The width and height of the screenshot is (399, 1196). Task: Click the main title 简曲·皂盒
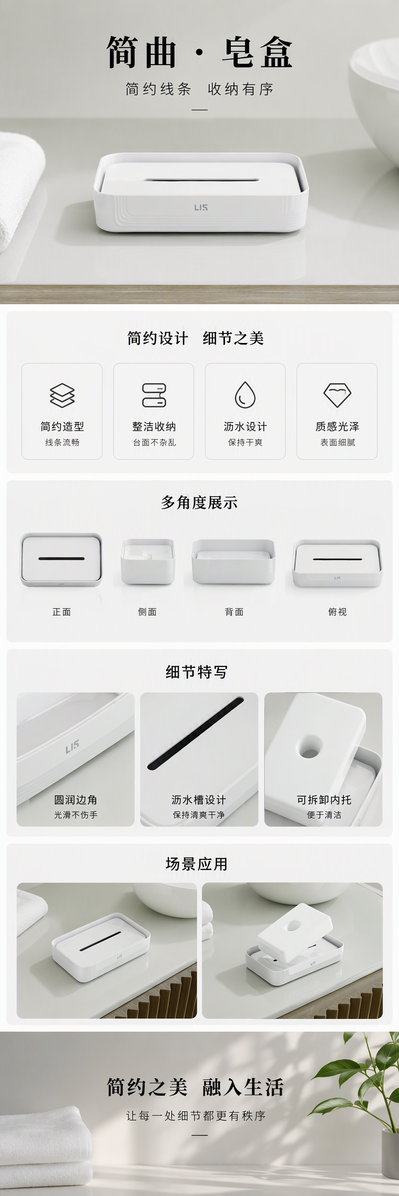coord(199,52)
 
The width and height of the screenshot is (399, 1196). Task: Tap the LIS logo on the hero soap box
coord(201,207)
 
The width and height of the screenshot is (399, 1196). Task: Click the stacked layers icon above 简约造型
coord(62,395)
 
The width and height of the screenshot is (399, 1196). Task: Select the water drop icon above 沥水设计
coord(245,395)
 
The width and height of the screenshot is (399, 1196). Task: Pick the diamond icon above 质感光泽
coord(337,395)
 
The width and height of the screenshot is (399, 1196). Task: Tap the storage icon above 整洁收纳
coord(154,395)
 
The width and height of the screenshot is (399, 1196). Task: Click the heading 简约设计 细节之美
coord(195,338)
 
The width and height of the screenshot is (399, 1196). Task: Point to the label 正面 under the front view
coord(62,612)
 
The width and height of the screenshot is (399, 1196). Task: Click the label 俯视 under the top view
coord(337,612)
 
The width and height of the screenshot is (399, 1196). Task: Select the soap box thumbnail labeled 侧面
coord(147,561)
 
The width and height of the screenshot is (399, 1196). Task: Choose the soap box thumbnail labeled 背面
coord(234,561)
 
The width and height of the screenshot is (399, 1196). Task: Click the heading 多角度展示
coord(199,502)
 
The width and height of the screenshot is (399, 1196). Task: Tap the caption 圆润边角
coord(75,799)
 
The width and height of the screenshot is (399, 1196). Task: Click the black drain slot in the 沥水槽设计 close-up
coord(195,733)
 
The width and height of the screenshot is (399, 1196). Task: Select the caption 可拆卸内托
coord(324,799)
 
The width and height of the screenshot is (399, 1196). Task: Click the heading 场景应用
coord(197,864)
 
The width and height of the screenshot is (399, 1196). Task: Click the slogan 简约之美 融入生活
coord(195,1087)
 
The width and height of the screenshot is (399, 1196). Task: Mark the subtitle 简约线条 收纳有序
coord(199,89)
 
